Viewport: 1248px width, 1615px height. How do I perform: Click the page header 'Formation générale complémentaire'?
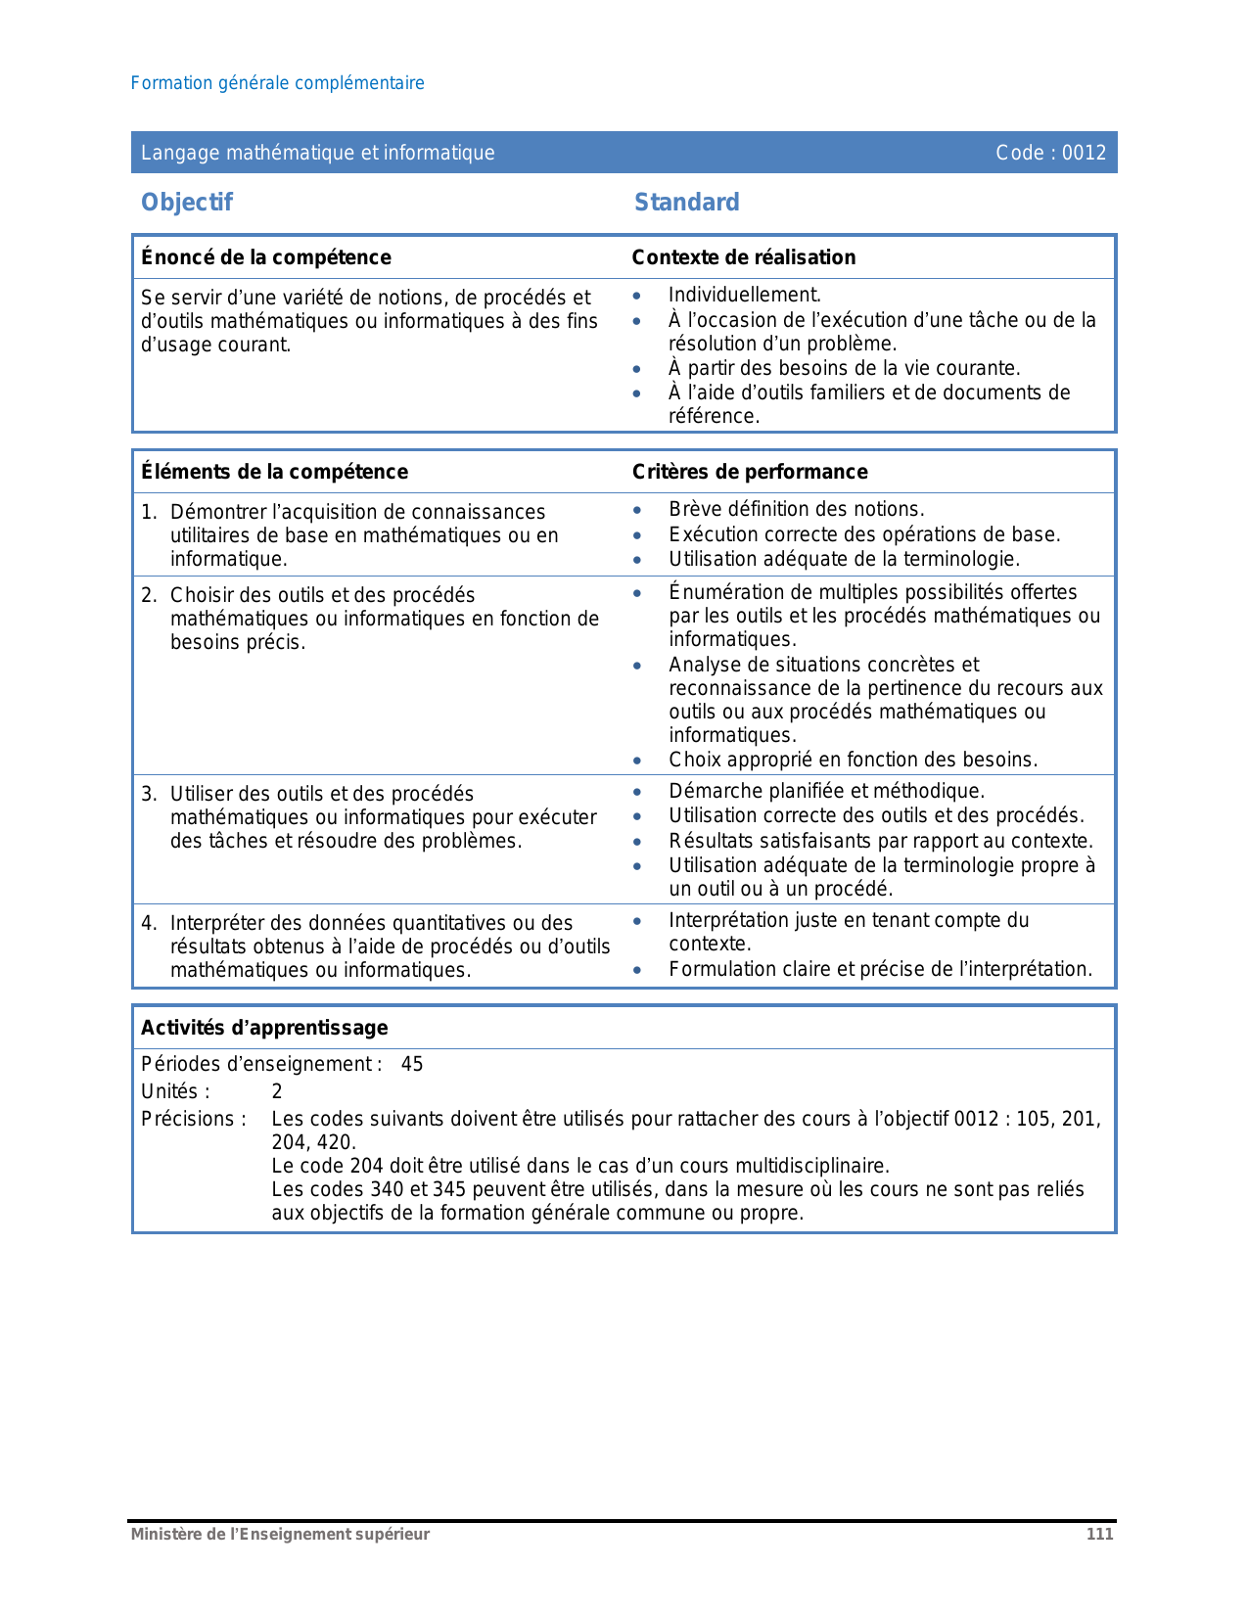(277, 83)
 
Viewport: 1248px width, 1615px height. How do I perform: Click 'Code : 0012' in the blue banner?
(1050, 153)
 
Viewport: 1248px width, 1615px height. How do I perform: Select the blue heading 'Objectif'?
(187, 203)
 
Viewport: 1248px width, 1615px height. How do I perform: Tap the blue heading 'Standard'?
(686, 203)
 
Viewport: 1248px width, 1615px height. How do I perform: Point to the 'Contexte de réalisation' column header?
(743, 257)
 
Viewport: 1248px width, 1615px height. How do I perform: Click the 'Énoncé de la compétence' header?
(265, 257)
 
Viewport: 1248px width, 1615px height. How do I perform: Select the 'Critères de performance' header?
(749, 472)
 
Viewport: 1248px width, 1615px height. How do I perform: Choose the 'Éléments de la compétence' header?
(274, 472)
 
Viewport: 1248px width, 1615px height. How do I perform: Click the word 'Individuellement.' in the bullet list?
(744, 295)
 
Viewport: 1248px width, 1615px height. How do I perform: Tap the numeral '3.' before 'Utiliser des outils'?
(149, 794)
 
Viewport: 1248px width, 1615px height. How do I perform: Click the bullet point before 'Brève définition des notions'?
(637, 510)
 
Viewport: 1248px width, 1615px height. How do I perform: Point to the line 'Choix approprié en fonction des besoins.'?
(853, 760)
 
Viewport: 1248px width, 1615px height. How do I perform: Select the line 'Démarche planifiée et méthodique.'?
(826, 791)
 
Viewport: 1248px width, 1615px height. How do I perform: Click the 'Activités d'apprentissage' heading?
(264, 1028)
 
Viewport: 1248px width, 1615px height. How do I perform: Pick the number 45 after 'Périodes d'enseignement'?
(412, 1064)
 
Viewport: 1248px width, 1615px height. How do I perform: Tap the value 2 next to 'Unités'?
(277, 1091)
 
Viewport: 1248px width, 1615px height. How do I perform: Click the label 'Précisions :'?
(194, 1119)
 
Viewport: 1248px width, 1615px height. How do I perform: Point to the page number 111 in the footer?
(1099, 1534)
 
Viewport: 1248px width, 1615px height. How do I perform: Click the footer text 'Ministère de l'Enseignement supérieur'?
(280, 1534)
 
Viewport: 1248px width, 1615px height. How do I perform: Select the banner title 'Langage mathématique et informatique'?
(317, 153)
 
